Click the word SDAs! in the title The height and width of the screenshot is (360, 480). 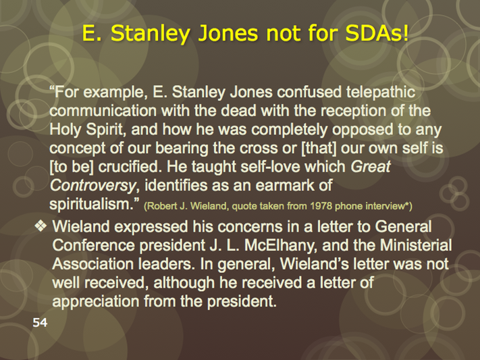[x=377, y=33]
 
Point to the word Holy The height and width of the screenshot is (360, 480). [x=65, y=130]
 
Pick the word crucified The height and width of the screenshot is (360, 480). [x=130, y=167]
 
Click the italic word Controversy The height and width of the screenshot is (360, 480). [x=92, y=186]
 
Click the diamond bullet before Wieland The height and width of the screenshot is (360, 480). [x=41, y=226]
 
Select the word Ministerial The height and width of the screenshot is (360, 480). [x=416, y=245]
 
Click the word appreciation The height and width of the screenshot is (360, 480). [x=96, y=302]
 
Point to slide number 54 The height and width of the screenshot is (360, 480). [x=40, y=323]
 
